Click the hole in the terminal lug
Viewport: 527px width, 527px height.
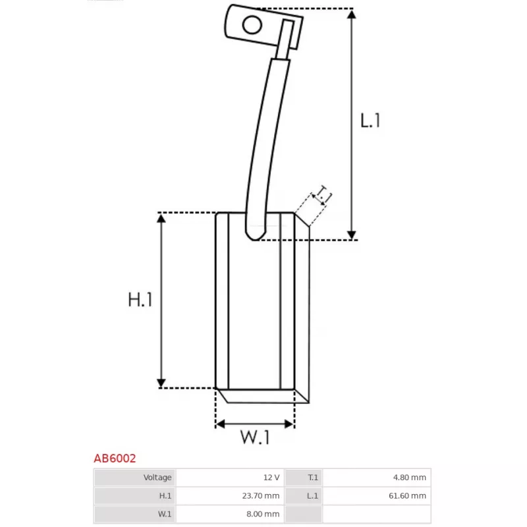252,25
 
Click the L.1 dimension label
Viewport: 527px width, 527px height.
371,121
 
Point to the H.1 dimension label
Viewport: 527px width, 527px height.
140,300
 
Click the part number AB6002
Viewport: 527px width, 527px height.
114,458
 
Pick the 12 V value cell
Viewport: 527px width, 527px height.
271,478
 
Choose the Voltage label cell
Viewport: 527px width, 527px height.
157,478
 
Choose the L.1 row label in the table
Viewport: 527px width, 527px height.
312,496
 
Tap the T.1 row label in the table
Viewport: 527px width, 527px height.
312,478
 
